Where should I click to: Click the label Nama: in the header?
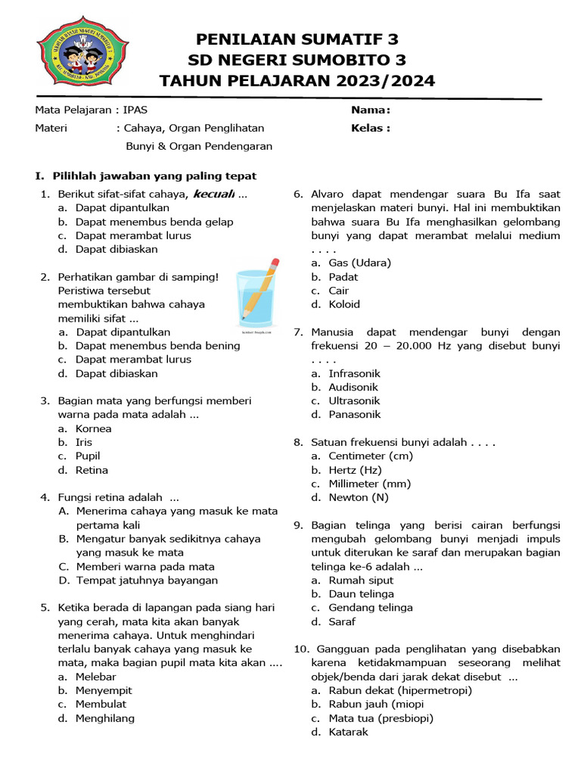(x=371, y=110)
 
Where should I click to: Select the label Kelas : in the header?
(x=371, y=128)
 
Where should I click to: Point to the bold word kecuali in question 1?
(x=214, y=194)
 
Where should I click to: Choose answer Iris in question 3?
(x=84, y=442)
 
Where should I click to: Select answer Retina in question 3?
(x=92, y=470)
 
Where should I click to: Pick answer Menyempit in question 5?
(x=104, y=690)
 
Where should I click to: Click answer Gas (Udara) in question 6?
(x=359, y=263)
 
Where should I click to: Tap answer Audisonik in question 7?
(x=354, y=387)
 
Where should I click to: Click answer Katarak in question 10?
(x=348, y=732)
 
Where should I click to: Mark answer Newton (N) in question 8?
(x=359, y=497)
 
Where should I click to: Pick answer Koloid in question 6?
(x=344, y=304)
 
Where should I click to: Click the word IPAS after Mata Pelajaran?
(x=136, y=110)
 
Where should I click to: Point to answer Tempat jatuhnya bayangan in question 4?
(x=147, y=580)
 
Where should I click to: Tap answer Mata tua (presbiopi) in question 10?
(x=381, y=718)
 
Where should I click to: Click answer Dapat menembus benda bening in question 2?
(x=157, y=346)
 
